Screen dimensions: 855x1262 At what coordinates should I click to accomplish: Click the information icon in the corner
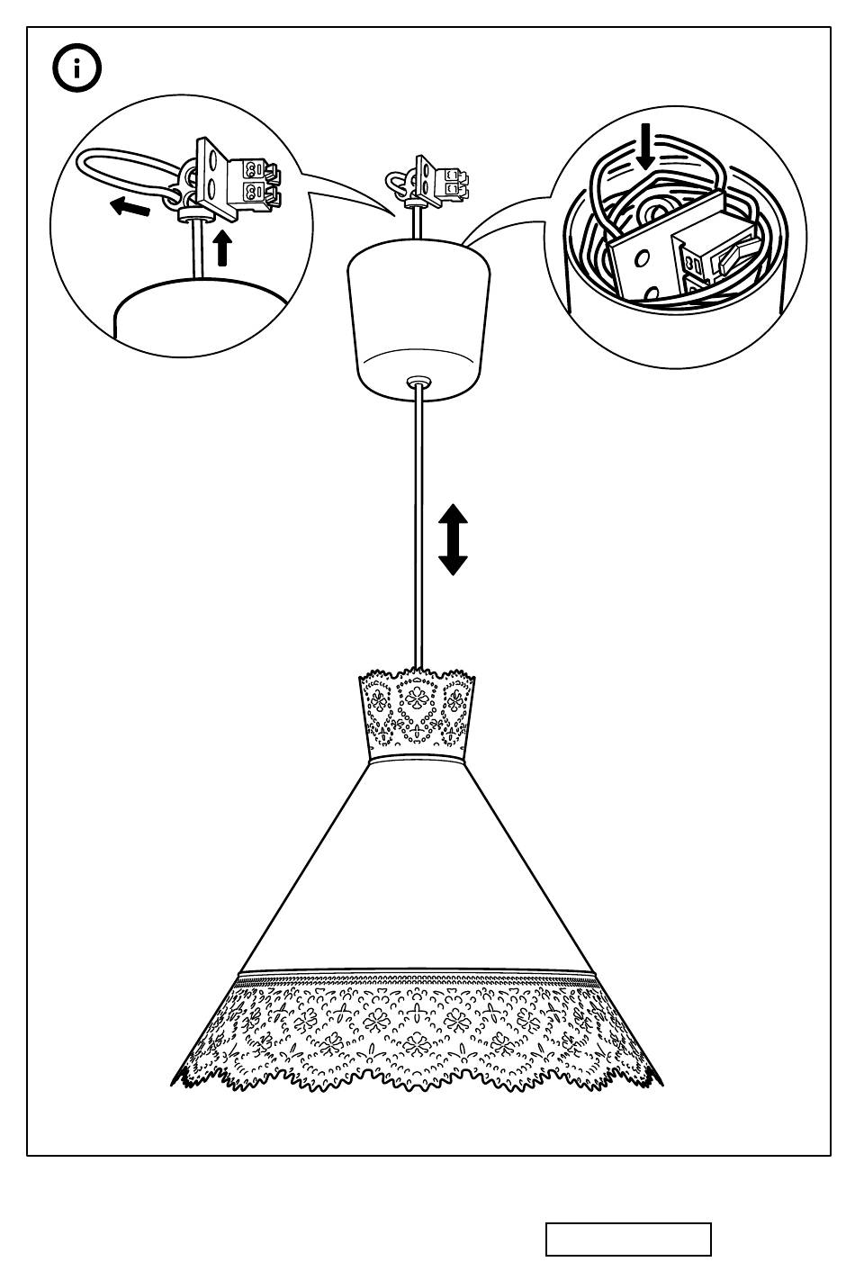[x=77, y=68]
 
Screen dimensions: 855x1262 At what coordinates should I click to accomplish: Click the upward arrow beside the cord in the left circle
[x=222, y=248]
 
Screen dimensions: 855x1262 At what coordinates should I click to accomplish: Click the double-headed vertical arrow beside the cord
[x=453, y=539]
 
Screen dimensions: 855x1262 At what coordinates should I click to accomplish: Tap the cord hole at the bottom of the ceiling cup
[x=417, y=382]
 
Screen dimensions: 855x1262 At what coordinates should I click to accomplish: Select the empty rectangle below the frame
[x=628, y=1239]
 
